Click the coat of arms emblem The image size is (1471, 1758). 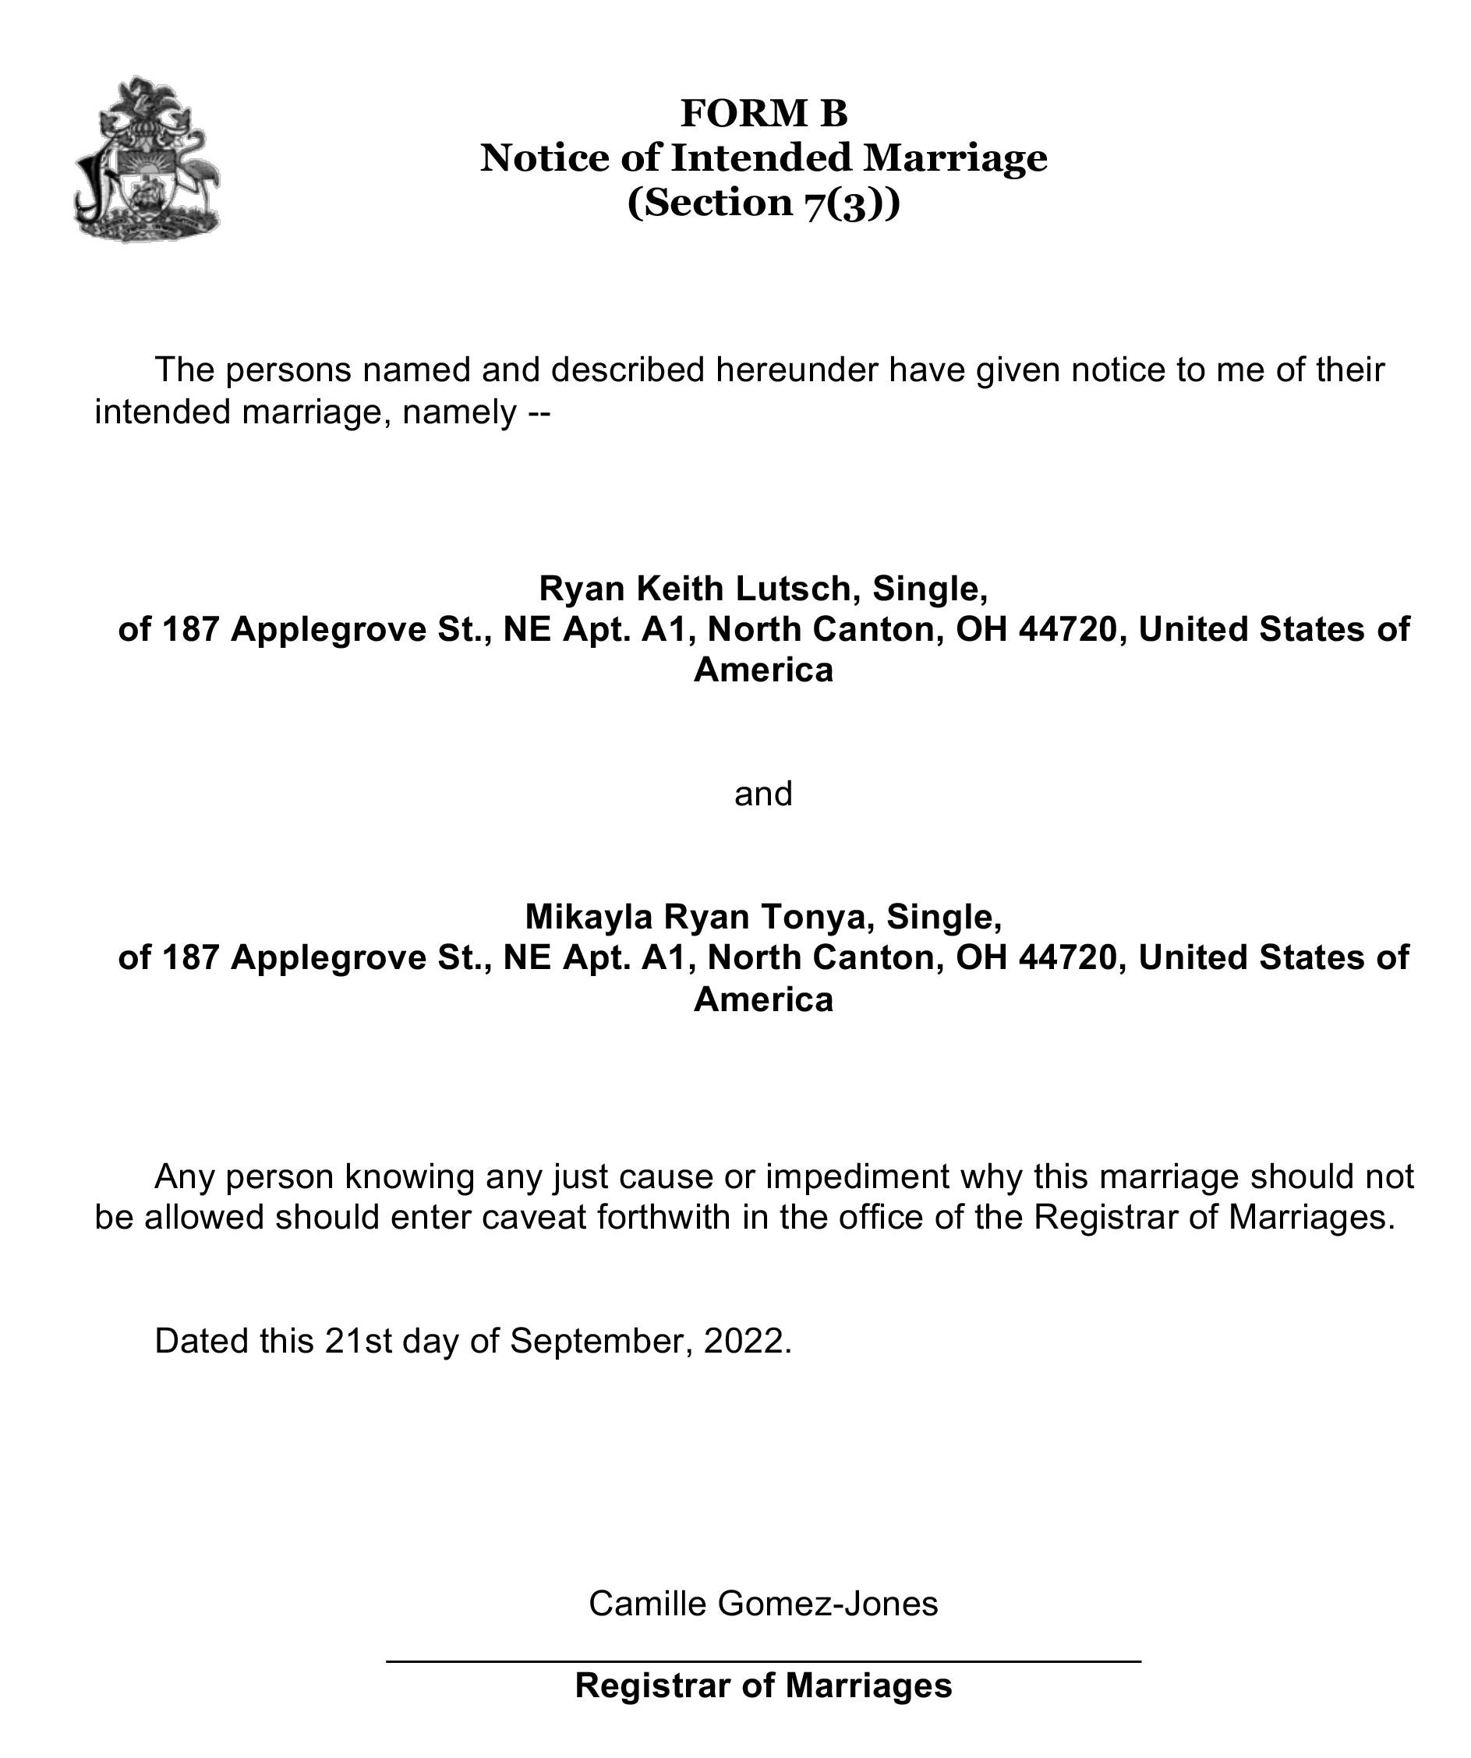pyautogui.click(x=147, y=159)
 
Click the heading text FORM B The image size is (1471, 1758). pyautogui.click(x=763, y=113)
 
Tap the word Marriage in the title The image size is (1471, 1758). pyautogui.click(x=955, y=157)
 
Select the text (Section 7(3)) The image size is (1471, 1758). pyautogui.click(x=763, y=203)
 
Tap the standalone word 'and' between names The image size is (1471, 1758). pyautogui.click(x=762, y=794)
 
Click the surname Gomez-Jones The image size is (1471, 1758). pyautogui.click(x=828, y=1603)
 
